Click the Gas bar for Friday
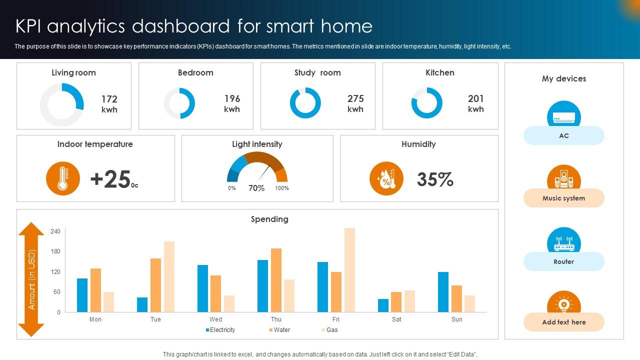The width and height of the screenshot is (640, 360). point(349,270)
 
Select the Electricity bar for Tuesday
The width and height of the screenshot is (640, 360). point(142,304)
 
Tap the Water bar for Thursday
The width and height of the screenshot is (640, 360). point(276,280)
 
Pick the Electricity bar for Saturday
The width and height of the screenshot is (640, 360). point(383,305)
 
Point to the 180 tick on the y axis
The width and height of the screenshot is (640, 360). point(55,251)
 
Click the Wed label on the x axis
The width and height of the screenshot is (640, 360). point(216,319)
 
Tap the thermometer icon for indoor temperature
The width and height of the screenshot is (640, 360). point(63,178)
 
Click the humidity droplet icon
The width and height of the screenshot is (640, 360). point(386,178)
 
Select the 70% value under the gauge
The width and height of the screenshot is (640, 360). point(256,188)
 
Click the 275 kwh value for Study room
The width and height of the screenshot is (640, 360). point(355,103)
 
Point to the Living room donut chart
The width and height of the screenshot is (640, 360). point(62,104)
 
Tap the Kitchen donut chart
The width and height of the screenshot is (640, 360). point(427,103)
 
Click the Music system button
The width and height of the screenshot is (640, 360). point(563,198)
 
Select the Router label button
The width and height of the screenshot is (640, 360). point(563,261)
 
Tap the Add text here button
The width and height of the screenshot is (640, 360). point(563,322)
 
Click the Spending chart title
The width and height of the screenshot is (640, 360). point(269,219)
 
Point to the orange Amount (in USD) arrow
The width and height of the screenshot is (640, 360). point(31,279)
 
